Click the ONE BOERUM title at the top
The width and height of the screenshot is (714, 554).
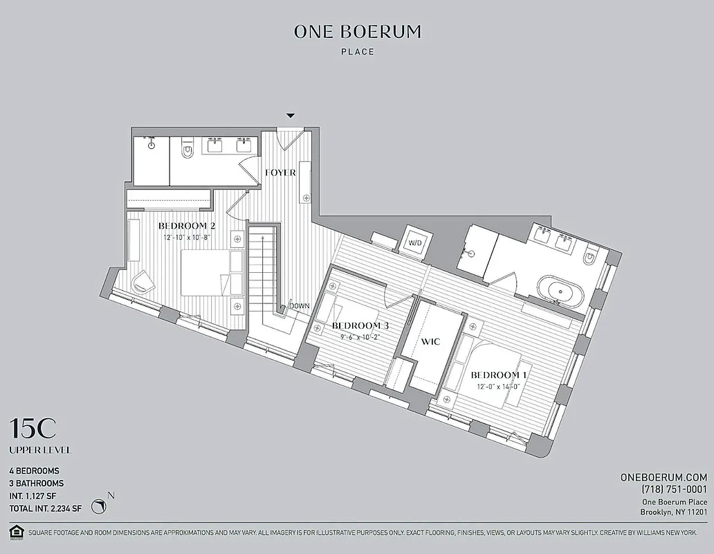click(x=357, y=31)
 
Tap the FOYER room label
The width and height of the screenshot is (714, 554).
click(x=280, y=172)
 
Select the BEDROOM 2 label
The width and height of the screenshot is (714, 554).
click(x=187, y=226)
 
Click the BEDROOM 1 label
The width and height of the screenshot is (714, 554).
click(x=499, y=375)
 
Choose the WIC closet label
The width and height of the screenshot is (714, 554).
click(x=432, y=341)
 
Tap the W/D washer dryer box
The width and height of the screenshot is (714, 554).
click(x=414, y=243)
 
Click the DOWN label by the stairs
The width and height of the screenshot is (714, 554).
click(x=300, y=305)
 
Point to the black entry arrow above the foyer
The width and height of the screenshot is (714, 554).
click(x=291, y=115)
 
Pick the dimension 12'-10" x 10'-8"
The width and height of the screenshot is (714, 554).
click(x=186, y=238)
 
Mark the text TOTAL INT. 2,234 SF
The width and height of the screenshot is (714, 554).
click(x=46, y=508)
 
